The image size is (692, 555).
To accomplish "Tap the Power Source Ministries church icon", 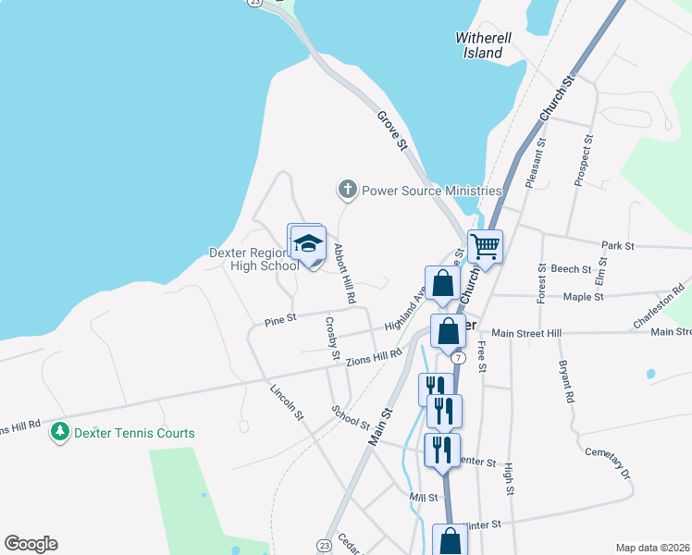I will click(348, 191).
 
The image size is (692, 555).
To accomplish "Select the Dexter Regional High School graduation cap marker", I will click(309, 245).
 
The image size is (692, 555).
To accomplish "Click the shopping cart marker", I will click(485, 246).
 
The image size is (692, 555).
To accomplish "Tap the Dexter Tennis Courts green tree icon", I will click(60, 432).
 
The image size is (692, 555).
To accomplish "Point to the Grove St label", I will click(392, 130).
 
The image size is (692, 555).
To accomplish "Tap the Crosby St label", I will click(332, 339).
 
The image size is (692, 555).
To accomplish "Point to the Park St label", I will click(617, 246).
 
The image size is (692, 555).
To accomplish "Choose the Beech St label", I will click(571, 269).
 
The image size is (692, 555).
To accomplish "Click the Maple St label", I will click(584, 297).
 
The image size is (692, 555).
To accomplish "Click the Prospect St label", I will click(583, 159).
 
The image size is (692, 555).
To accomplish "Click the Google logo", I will click(31, 544).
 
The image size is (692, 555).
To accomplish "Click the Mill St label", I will click(422, 498).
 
